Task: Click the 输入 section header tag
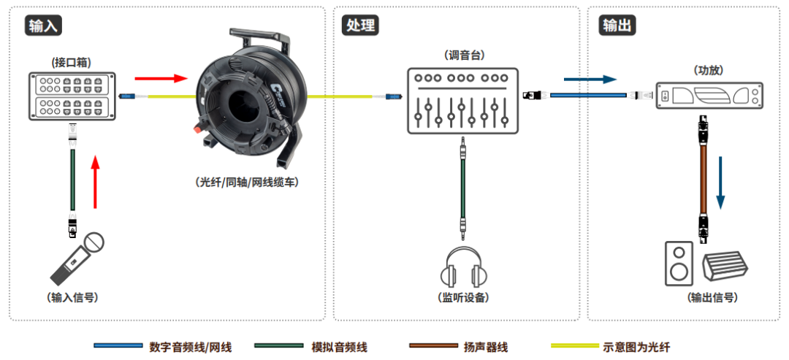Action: [x=42, y=26]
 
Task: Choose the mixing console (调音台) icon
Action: [x=462, y=100]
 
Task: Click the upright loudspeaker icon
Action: [x=679, y=264]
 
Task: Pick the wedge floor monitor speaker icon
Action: [x=725, y=267]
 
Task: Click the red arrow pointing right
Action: [x=156, y=77]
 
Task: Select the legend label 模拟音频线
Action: [x=339, y=347]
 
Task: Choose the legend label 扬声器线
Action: [x=486, y=347]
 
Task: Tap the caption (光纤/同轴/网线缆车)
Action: [x=247, y=183]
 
